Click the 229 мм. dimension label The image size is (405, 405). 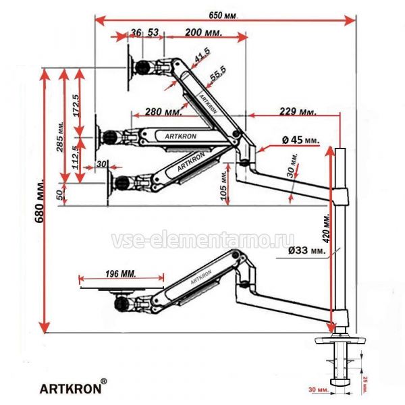[x=297, y=111]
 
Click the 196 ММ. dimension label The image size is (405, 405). [x=121, y=275]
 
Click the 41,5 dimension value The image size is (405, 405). [x=201, y=59]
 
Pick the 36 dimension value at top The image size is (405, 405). [x=136, y=32]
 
